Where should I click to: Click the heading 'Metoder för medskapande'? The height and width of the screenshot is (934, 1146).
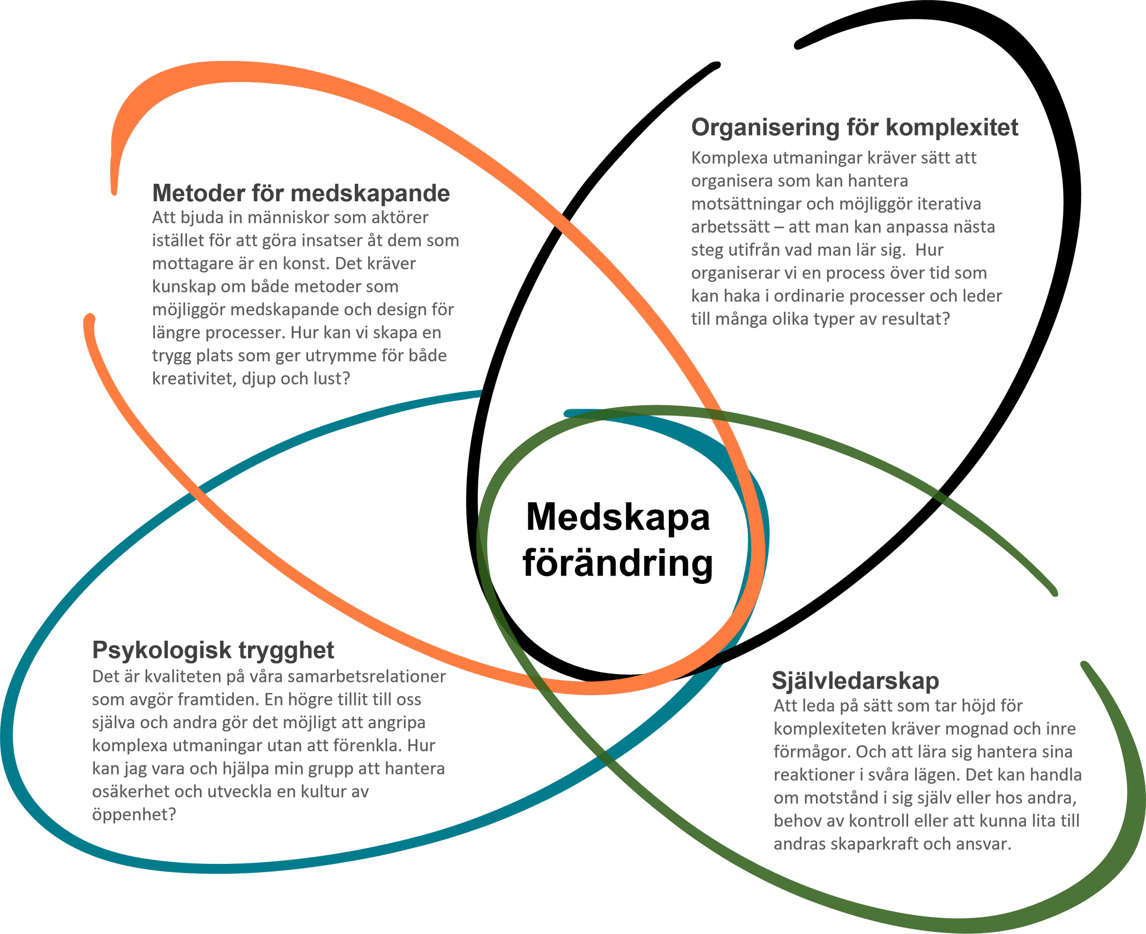(x=301, y=193)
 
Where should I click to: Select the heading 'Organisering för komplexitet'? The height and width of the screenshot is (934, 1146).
(x=854, y=127)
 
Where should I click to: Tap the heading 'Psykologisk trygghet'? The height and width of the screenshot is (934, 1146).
(x=213, y=650)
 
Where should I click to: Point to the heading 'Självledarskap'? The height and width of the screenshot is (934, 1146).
(x=855, y=681)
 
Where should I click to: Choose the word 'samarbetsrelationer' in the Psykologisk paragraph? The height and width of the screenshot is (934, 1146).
(x=366, y=677)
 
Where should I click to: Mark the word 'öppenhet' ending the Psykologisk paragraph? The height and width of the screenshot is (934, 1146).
(x=131, y=814)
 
